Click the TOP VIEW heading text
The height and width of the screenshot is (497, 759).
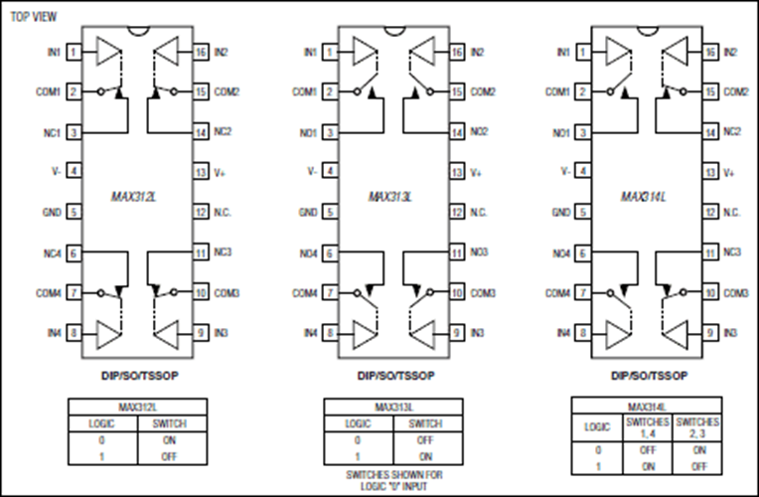click(34, 17)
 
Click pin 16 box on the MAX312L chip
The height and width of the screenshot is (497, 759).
click(200, 51)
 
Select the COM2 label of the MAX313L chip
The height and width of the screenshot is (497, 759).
click(483, 91)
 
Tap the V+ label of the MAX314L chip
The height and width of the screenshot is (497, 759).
click(730, 172)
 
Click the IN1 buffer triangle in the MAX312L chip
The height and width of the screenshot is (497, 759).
click(108, 52)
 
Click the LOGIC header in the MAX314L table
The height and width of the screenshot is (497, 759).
click(598, 425)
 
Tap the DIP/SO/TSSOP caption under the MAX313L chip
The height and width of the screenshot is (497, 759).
click(392, 377)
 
